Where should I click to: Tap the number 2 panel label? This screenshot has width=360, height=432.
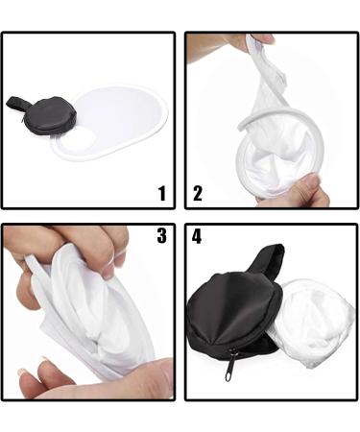point(198,193)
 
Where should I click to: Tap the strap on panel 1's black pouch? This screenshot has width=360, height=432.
point(16,102)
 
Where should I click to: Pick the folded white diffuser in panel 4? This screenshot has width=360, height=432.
point(307,322)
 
